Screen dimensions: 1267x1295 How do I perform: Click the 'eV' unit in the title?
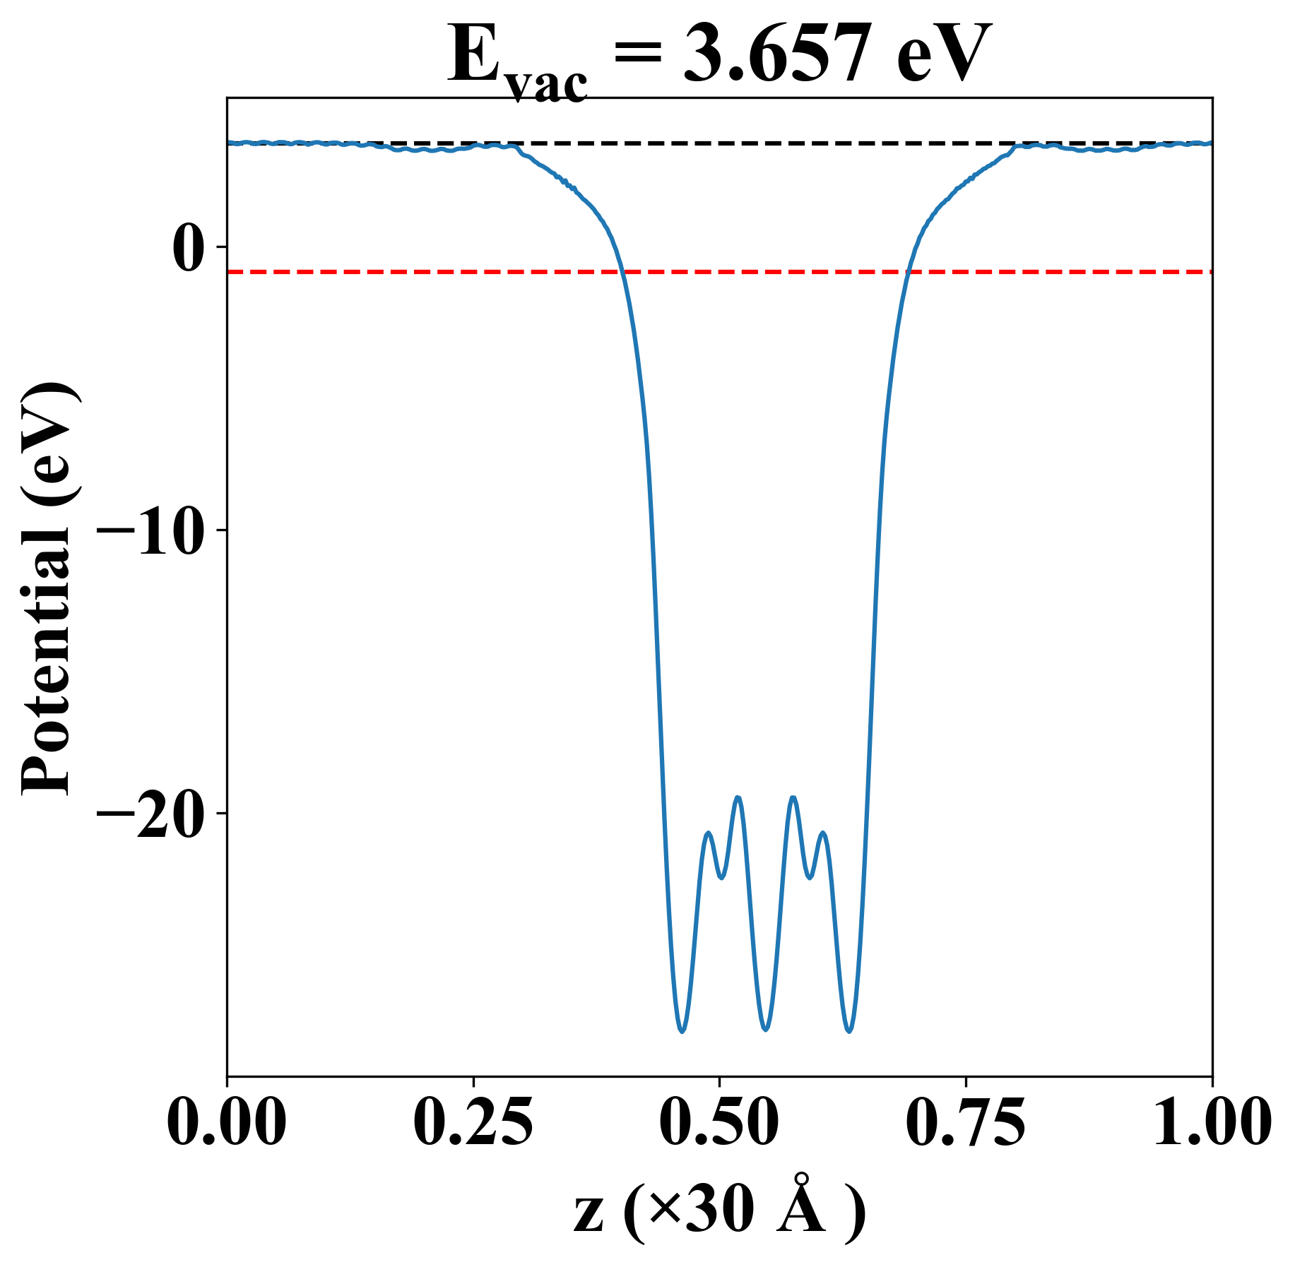click(944, 55)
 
